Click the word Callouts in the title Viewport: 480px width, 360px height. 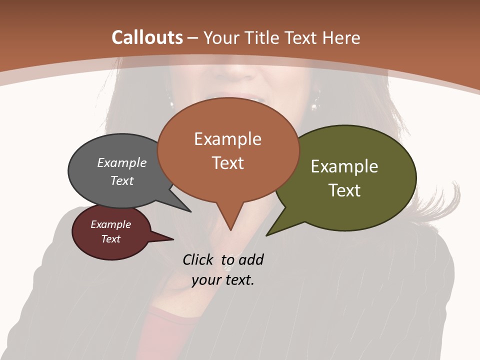pyautogui.click(x=147, y=37)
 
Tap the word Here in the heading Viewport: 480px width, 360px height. pyautogui.click(x=341, y=38)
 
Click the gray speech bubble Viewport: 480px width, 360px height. pyautogui.click(x=100, y=190)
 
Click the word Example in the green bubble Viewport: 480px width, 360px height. pyautogui.click(x=344, y=166)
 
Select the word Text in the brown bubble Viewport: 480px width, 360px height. pyautogui.click(x=228, y=163)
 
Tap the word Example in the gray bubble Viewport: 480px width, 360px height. pyautogui.click(x=122, y=163)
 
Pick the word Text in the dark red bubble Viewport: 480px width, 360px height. pyautogui.click(x=111, y=239)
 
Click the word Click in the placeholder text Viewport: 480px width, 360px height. pyautogui.click(x=198, y=259)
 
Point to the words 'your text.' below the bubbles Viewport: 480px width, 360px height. pyautogui.click(x=223, y=280)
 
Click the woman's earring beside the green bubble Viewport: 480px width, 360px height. pyautogui.click(x=315, y=105)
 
